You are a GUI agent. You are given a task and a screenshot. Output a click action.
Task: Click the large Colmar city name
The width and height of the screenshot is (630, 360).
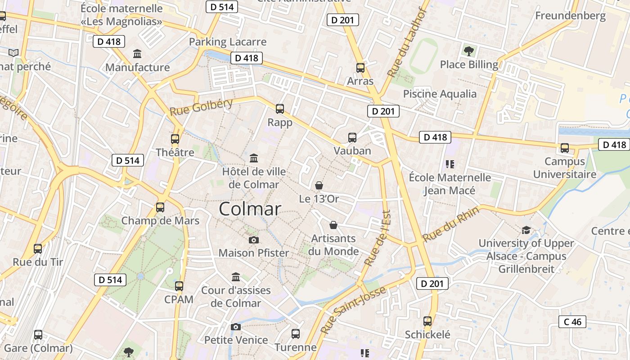pyautogui.click(x=250, y=209)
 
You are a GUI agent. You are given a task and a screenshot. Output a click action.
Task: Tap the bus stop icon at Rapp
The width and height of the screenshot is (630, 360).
pyautogui.click(x=280, y=108)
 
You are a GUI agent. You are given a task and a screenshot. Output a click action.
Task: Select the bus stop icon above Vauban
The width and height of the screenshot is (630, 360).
pyautogui.click(x=352, y=137)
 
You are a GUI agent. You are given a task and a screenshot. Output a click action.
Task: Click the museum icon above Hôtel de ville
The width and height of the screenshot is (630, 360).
pyautogui.click(x=254, y=158)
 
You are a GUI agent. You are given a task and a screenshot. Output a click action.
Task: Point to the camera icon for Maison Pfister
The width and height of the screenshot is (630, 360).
pyautogui.click(x=254, y=240)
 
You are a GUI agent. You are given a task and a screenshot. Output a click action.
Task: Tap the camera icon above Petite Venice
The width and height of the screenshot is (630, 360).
pyautogui.click(x=236, y=327)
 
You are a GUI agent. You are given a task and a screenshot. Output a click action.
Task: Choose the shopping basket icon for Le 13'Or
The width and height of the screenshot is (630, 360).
pyautogui.click(x=319, y=185)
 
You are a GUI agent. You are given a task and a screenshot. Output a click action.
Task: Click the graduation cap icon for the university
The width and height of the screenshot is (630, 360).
pyautogui.click(x=526, y=230)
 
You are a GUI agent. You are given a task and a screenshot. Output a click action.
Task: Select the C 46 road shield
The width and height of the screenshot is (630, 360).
pyautogui.click(x=572, y=322)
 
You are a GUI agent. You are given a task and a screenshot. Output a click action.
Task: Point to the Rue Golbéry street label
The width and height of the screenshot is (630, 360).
pyautogui.click(x=201, y=107)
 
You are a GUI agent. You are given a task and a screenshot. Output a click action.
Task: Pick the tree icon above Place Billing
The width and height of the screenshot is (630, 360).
pyautogui.click(x=469, y=51)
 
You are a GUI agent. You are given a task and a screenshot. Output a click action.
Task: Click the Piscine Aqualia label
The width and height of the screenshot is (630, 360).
pyautogui.click(x=440, y=94)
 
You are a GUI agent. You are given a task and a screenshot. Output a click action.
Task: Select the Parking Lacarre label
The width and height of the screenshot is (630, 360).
pyautogui.click(x=228, y=42)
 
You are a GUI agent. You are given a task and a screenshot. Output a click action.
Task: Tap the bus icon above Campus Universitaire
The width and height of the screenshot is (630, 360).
pyautogui.click(x=564, y=148)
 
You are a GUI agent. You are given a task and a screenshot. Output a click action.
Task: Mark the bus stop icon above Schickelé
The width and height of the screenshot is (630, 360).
pyautogui.click(x=427, y=321)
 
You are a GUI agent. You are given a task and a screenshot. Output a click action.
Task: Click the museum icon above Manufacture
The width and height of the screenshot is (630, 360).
pyautogui.click(x=137, y=54)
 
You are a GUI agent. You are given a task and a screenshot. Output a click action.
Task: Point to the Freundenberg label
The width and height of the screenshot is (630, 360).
pyautogui.click(x=570, y=16)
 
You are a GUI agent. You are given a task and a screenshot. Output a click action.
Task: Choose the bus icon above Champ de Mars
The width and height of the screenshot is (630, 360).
pyautogui.click(x=160, y=207)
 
